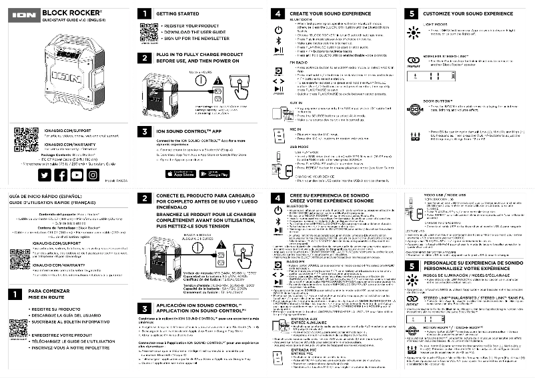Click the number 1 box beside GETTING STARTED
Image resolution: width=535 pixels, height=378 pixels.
[x=143, y=13]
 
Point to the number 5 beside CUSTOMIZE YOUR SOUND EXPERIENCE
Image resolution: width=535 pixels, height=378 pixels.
[x=412, y=13]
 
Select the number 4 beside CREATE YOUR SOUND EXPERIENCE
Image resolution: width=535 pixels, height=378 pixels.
[x=278, y=13]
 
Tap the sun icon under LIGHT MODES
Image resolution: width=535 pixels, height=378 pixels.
[x=412, y=31]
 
